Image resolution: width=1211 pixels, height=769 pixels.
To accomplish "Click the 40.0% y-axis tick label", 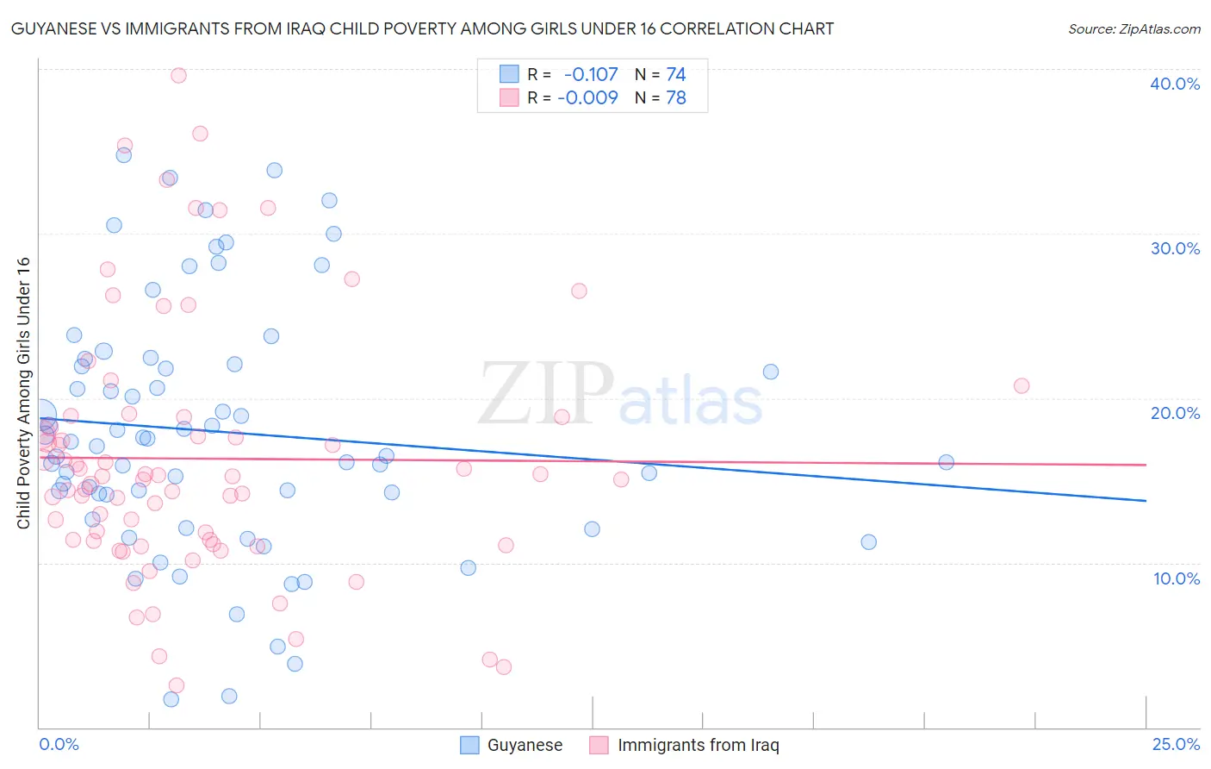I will coord(1175,84).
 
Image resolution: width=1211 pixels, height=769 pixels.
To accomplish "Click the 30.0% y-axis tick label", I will coord(1175,248).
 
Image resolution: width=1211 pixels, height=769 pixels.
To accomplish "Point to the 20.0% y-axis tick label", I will coord(1175,413).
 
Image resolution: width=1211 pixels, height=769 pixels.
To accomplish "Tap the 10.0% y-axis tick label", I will coord(1177,578).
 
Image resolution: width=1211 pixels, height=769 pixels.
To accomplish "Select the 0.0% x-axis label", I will coord(59,744).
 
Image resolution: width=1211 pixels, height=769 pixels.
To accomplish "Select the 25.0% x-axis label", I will coord(1176,744).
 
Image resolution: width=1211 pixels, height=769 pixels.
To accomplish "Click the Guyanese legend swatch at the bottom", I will coord(469,745).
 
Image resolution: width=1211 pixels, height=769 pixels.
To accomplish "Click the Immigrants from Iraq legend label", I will coord(698,745).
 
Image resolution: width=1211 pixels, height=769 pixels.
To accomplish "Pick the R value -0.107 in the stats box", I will coord(590,75).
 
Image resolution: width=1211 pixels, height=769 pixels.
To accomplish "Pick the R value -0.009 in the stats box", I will coord(587,97).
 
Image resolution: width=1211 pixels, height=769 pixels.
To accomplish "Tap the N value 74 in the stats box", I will coord(676,75).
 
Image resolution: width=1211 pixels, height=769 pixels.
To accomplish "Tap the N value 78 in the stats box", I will coord(676,97).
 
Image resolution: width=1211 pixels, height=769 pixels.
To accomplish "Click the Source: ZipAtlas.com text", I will coord(1133,28).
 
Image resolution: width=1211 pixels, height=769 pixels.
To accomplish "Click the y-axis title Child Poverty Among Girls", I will coord(23,393).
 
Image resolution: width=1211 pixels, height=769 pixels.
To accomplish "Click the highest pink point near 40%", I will coord(178,75).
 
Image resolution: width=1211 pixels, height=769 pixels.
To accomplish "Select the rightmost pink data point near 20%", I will coord(1022,385).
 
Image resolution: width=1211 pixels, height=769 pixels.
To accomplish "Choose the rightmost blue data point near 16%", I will coord(946,462).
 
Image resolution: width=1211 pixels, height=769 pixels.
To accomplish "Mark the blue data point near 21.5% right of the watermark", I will coord(771,372).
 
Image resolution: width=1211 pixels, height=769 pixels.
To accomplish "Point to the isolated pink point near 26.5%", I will coord(579,291).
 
